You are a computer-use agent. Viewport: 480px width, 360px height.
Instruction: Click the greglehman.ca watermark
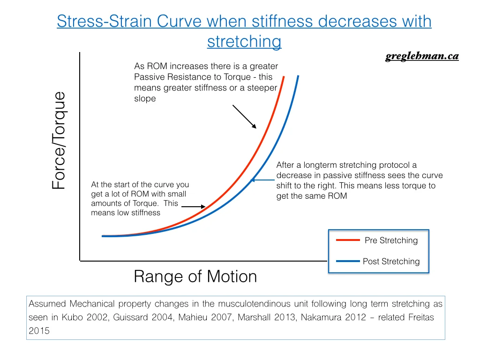coord(422,57)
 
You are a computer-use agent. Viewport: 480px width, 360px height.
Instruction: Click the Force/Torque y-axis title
coord(59,141)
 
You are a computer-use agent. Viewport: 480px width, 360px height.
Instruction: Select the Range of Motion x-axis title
coord(195,277)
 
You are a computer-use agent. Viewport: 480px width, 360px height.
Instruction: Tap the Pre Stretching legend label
coord(391,240)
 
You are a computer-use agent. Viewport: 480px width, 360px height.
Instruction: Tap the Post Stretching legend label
coord(391,262)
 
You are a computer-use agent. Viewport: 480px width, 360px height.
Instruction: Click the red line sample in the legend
coord(348,240)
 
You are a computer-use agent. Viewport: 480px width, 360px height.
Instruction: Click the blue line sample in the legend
coord(348,262)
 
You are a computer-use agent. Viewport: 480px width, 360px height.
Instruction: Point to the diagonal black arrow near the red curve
coord(244,116)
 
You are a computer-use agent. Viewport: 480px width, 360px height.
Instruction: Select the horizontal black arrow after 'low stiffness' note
coord(193,206)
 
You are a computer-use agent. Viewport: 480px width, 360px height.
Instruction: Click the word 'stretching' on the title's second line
coord(244,42)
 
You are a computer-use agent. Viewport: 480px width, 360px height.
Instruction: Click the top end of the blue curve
coord(298,76)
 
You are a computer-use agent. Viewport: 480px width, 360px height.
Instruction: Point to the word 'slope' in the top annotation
coord(145,99)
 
